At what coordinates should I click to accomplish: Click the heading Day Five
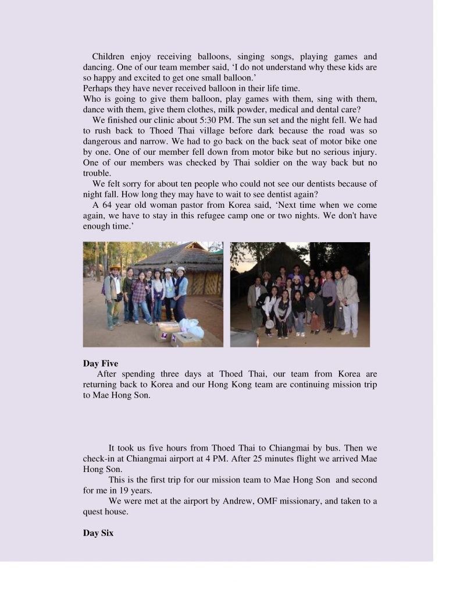coord(101,364)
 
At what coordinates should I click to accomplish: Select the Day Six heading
coord(98,533)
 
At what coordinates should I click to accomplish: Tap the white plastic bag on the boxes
coord(192,329)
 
